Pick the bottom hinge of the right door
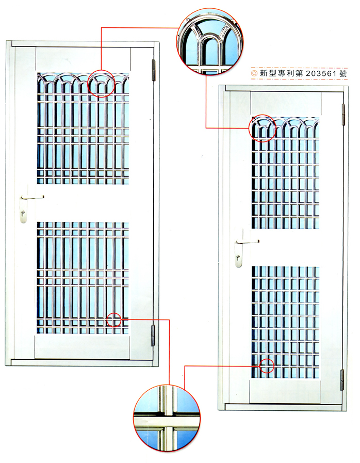click(341, 379)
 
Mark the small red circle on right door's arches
click(263, 129)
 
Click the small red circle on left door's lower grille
click(114, 320)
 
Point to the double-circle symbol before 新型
click(254, 74)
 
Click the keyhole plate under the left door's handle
click(23, 212)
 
